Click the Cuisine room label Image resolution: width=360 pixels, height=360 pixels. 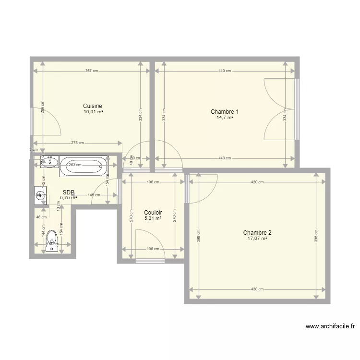tap(92, 106)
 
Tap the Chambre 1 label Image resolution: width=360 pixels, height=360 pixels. tap(225, 112)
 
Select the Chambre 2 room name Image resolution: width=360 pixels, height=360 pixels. tap(254, 232)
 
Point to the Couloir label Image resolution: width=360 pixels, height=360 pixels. tap(153, 213)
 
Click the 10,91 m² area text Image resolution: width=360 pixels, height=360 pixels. tap(93, 112)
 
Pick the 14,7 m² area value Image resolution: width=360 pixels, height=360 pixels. tap(225, 118)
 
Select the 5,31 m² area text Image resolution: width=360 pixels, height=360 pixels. tap(153, 218)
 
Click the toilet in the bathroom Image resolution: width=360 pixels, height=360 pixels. tap(52, 239)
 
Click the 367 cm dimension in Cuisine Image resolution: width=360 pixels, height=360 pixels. tap(91, 71)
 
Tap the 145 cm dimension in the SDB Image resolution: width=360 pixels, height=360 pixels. tap(94, 195)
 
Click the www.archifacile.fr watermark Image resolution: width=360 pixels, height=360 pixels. tap(331, 326)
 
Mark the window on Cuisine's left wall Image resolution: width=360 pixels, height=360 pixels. tap(32, 121)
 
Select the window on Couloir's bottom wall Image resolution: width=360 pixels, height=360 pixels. tap(150, 261)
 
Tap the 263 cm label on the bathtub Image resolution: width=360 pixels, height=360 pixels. tap(75, 165)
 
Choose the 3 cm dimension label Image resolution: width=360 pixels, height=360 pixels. tap(33, 149)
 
